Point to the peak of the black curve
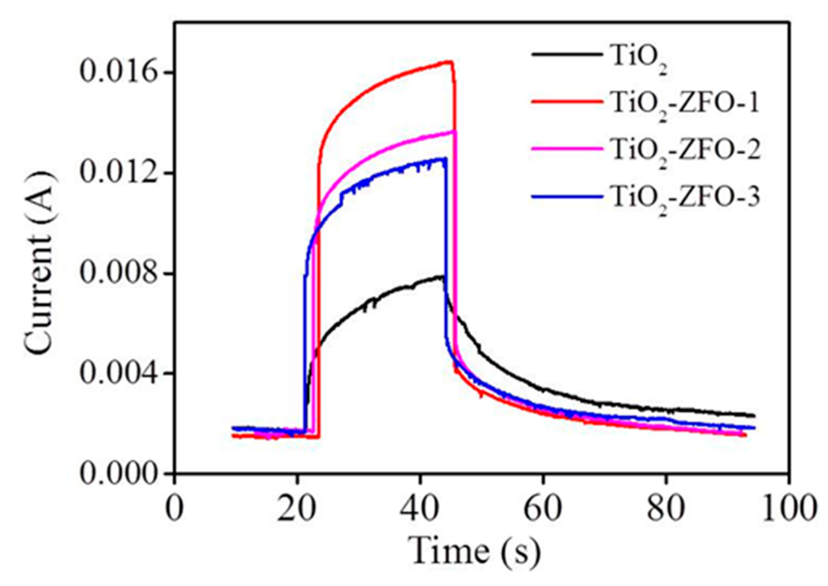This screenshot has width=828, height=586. coord(442,276)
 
